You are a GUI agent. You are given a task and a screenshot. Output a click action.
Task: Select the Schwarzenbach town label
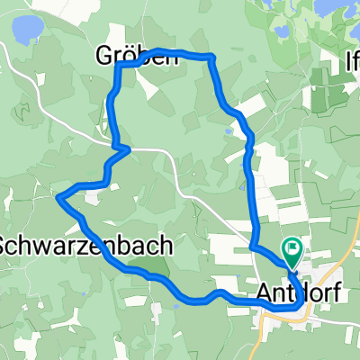click(58, 244)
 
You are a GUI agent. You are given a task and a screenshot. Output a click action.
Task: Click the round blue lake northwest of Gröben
click(24, 31)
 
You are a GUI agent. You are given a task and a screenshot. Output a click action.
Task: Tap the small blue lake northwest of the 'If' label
click(282, 32)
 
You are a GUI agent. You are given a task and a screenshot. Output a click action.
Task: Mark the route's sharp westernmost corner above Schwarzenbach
click(58, 196)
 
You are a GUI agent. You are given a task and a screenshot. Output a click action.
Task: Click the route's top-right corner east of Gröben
click(211, 56)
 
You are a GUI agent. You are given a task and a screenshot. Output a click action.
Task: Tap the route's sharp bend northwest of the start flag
click(251, 244)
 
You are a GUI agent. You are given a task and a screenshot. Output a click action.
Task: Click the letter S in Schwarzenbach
click(4, 244)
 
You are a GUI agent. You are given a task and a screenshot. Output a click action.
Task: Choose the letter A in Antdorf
click(264, 292)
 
